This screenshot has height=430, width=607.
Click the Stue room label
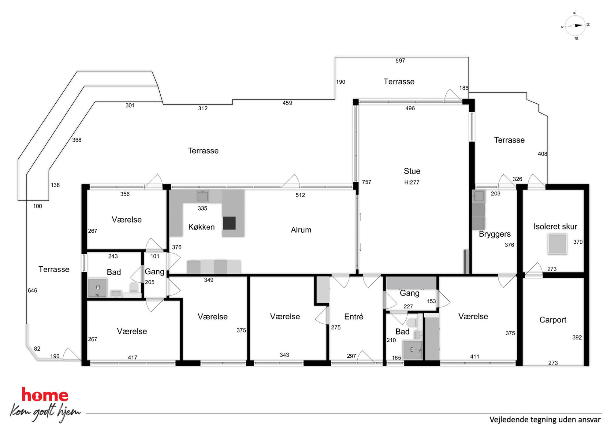coord(412,171)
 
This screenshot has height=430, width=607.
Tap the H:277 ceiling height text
coord(411,182)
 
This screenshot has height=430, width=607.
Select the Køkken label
coord(201,227)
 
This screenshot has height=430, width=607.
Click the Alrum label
coord(301,230)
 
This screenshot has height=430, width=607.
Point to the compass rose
coord(575,26)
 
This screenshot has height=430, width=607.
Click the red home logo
coord(45,395)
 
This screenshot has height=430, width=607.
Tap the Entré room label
coord(354,316)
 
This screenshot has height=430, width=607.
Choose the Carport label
coord(553,320)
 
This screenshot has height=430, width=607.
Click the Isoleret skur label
coord(555,226)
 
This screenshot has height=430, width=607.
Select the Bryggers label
coord(495,234)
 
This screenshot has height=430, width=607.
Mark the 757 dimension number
coord(367,182)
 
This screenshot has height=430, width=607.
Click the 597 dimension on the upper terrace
coord(400,61)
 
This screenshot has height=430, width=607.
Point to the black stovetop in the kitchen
coord(229,223)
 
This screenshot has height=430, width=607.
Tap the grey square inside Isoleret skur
coord(557,244)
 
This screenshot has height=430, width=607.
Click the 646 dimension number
coord(32,290)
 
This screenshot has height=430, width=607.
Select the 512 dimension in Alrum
coord(300,195)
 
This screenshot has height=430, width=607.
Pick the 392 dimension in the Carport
coord(577,337)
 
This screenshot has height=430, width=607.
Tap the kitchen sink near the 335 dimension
coord(203,196)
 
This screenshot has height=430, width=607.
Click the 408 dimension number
coord(542,154)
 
